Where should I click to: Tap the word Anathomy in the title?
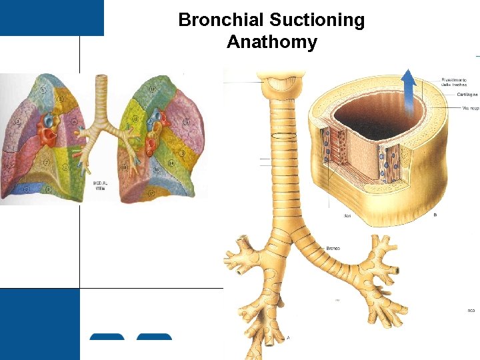(x=271, y=42)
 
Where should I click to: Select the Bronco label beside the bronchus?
(x=333, y=248)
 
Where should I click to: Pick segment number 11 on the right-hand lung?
(x=153, y=88)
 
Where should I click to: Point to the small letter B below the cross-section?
(x=435, y=215)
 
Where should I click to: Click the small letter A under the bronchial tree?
(x=288, y=337)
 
